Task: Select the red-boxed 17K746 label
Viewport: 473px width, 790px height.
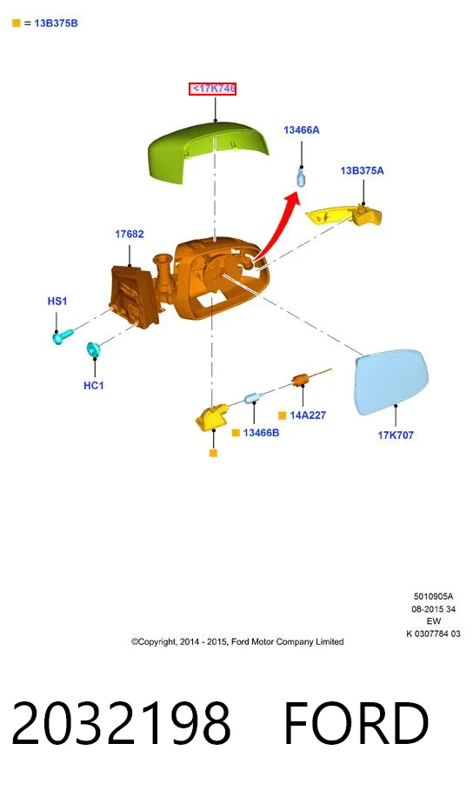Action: (213, 89)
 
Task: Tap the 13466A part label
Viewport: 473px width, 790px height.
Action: (302, 130)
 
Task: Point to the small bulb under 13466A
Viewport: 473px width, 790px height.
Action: (301, 177)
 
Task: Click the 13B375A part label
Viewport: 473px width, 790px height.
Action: (362, 171)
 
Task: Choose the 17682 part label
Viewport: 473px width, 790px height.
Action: (129, 234)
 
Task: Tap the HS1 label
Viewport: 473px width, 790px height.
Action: (57, 302)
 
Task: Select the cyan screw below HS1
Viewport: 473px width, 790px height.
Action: (63, 336)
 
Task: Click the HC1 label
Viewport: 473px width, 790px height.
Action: (94, 385)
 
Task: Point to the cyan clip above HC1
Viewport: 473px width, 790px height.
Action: (93, 349)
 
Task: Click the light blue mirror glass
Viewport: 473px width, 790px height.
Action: (391, 382)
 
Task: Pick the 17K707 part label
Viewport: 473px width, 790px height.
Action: (396, 435)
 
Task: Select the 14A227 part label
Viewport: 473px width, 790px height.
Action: (308, 415)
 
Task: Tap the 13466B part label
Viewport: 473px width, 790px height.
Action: (261, 433)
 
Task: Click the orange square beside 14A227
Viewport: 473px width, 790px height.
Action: (283, 415)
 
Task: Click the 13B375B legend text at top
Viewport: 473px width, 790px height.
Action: (56, 23)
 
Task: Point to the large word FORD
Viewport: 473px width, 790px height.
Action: (356, 723)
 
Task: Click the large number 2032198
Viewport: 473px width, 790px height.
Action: (122, 723)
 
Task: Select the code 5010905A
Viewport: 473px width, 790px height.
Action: (434, 596)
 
